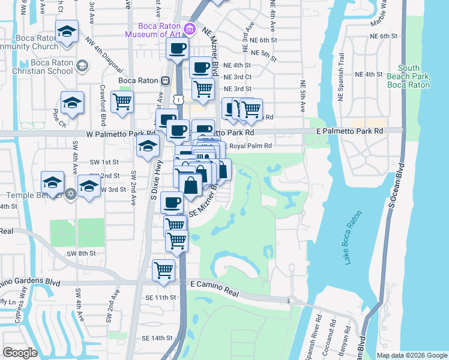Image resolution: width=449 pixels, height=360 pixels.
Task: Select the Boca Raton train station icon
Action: pyautogui.click(x=163, y=80)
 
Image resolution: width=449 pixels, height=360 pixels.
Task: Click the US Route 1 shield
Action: pyautogui.click(x=178, y=98)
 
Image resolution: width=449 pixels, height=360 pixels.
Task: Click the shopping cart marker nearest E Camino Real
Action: pyautogui.click(x=163, y=270)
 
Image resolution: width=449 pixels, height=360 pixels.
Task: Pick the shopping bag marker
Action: pyautogui.click(x=190, y=185)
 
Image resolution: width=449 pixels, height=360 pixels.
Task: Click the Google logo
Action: pyautogui.click(x=20, y=353)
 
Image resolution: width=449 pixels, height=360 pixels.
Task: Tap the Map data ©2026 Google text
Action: pyautogui.click(x=411, y=355)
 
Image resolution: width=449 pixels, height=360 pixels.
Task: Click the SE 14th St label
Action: pyautogui.click(x=157, y=338)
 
